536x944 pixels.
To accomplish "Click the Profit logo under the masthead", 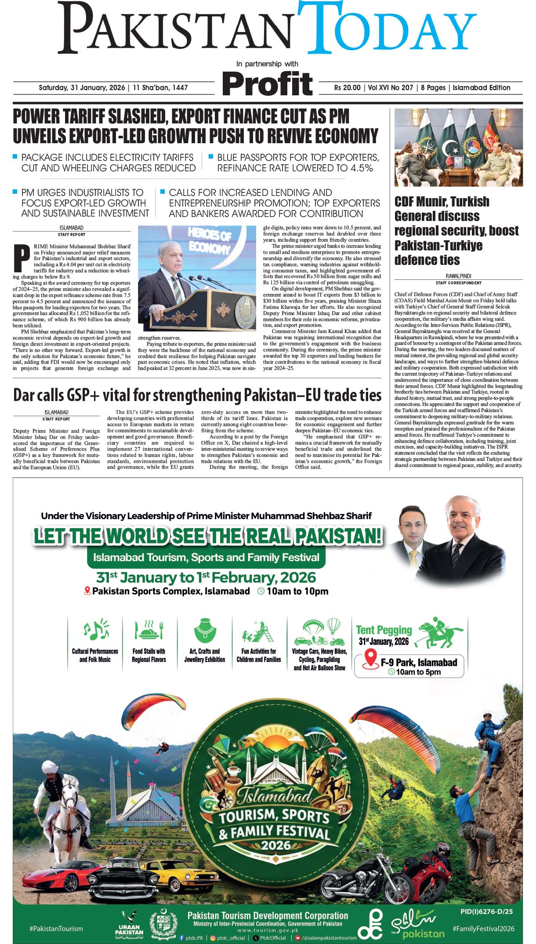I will coord(267,84).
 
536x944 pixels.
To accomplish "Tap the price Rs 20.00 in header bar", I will coord(347,88).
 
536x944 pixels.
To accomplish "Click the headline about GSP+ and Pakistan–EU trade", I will coord(197,395).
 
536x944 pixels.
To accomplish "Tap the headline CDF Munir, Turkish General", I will coord(456,230).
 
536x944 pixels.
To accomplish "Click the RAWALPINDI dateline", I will coord(458,276).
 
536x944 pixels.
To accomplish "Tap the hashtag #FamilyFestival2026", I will coord(483,929).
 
